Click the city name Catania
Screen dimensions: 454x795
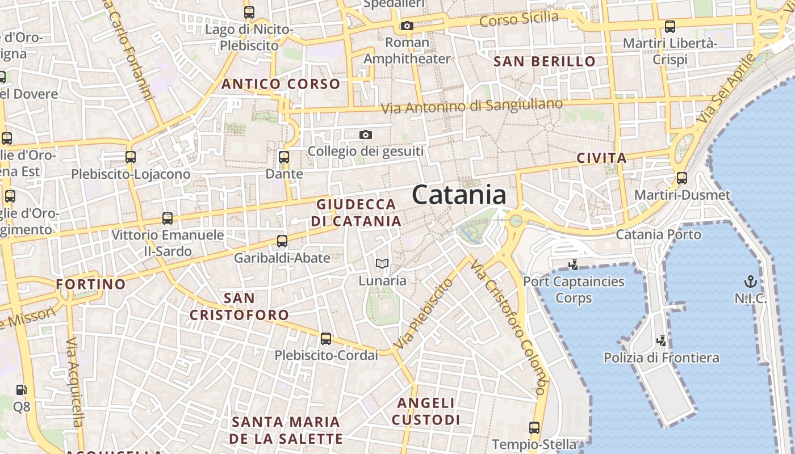pos(459,195)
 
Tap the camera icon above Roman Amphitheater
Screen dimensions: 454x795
pos(407,26)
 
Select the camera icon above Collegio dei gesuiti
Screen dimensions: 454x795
pos(366,134)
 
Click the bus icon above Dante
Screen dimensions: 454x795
pos(284,157)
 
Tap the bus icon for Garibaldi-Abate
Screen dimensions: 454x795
pos(282,241)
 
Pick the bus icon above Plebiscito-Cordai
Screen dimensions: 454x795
pos(326,339)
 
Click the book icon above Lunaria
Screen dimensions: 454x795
pos(382,264)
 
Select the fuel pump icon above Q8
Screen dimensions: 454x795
pos(22,390)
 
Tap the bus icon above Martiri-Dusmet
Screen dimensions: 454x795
pos(682,178)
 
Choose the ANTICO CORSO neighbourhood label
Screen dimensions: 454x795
pos(281,85)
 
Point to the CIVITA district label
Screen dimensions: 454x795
pos(601,158)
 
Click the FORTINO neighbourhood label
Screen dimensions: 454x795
pos(91,284)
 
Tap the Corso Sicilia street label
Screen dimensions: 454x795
pos(519,19)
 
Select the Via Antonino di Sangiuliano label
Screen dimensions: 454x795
pos(471,106)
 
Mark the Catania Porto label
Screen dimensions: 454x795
pos(659,234)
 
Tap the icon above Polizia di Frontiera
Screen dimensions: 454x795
pos(661,341)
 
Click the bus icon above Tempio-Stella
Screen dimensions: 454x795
pos(534,427)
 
